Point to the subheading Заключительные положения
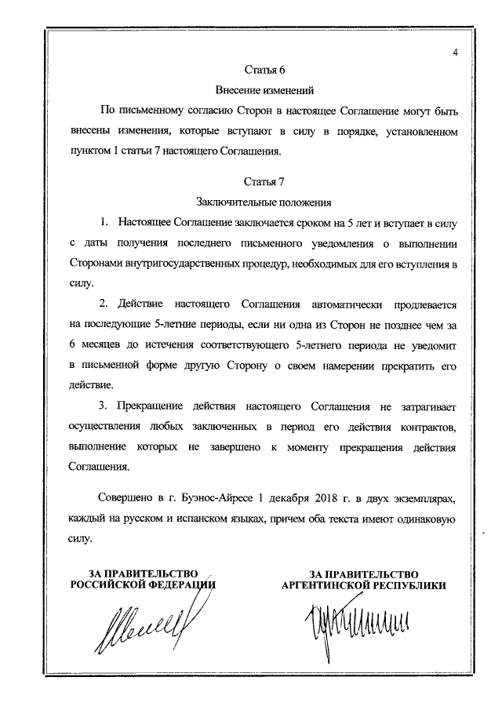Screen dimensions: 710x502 (265, 202)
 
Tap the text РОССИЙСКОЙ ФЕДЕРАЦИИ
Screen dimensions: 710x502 (144, 585)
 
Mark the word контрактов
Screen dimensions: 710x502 (426, 426)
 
